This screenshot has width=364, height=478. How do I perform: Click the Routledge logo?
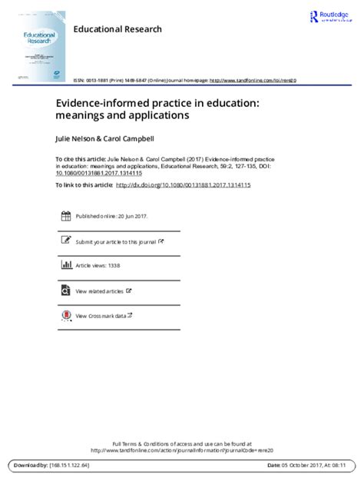331,17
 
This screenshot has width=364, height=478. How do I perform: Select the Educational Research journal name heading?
117,29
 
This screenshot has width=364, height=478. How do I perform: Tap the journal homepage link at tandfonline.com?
253,79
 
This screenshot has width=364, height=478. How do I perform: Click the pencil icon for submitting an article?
65,242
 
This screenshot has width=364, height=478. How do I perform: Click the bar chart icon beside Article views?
65,267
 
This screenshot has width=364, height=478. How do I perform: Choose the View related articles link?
100,291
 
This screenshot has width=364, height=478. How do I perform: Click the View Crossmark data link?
100,316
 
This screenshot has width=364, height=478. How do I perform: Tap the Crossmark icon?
65,315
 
